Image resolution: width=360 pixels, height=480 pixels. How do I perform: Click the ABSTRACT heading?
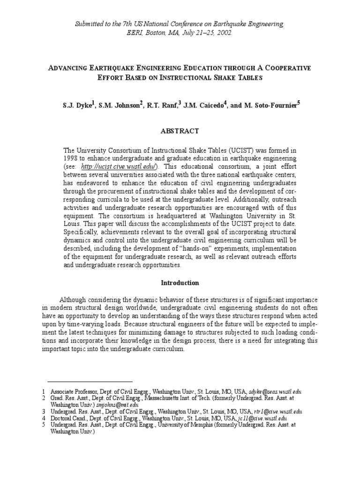[180, 131]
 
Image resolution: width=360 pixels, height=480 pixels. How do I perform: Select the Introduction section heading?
[180, 283]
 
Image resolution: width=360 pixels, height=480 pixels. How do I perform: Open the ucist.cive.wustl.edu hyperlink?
[119, 166]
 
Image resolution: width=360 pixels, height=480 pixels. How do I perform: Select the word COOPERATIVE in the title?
[286, 68]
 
